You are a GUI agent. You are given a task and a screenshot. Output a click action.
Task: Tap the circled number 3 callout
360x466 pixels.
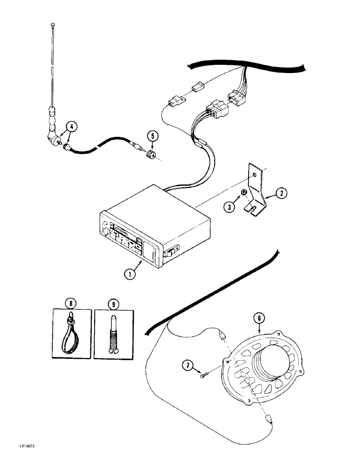[229, 207]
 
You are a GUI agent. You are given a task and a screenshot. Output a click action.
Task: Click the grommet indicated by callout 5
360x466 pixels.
[151, 155]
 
